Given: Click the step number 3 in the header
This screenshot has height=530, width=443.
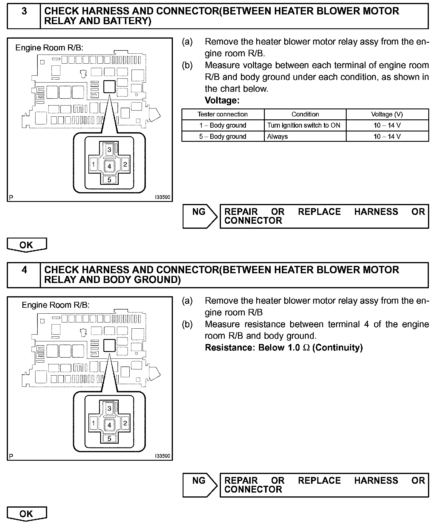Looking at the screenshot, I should pyautogui.click(x=24, y=11).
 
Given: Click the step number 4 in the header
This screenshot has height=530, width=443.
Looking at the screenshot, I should pyautogui.click(x=24, y=270).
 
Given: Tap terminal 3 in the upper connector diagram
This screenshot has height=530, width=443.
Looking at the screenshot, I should pyautogui.click(x=109, y=149).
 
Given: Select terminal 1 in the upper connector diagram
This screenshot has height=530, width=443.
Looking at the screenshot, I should pyautogui.click(x=93, y=164).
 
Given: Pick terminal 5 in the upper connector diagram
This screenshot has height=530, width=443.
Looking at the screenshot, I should pyautogui.click(x=109, y=180).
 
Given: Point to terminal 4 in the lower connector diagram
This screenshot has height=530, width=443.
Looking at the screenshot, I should pyautogui.click(x=109, y=425).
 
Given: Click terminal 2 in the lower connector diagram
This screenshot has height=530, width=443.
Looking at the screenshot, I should pyautogui.click(x=125, y=423).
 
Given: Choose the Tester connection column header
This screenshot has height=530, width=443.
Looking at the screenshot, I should pyautogui.click(x=223, y=114).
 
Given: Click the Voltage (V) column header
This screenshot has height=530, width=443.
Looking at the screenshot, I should pyautogui.click(x=387, y=114).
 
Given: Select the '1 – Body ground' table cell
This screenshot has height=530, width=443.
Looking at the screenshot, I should pyautogui.click(x=223, y=125).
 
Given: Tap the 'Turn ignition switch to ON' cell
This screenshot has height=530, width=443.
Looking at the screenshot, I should pyautogui.click(x=304, y=125).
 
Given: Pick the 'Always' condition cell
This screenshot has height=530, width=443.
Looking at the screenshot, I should pyautogui.click(x=277, y=136).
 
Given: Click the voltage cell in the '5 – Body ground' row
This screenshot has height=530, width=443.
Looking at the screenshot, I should pyautogui.click(x=387, y=136).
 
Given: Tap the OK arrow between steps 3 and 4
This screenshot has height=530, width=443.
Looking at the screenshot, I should pyautogui.click(x=27, y=245).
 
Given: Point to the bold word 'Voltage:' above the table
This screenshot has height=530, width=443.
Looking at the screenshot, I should pyautogui.click(x=222, y=101).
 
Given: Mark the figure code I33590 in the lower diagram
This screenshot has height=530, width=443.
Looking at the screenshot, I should pyautogui.click(x=163, y=456).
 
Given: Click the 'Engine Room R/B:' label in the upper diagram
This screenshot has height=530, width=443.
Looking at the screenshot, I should pyautogui.click(x=49, y=48).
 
